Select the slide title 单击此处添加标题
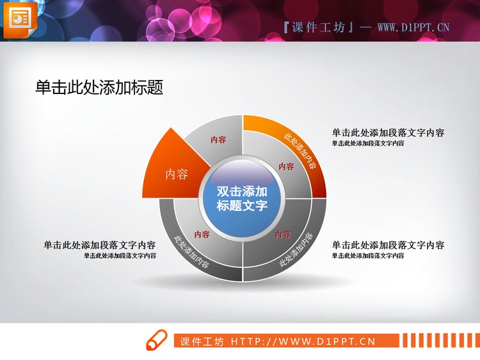[99, 88]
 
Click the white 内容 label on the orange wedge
[177, 174]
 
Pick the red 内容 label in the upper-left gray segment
[218, 139]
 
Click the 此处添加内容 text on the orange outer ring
[300, 150]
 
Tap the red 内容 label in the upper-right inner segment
[286, 166]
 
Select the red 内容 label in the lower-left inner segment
[202, 234]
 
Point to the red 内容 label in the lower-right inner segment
[282, 234]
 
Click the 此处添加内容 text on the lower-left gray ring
[191, 253]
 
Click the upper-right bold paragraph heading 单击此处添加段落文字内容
[388, 133]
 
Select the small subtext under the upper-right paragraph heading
[367, 143]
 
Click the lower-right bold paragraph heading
[388, 245]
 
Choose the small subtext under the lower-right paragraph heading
[367, 255]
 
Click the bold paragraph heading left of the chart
[100, 245]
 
